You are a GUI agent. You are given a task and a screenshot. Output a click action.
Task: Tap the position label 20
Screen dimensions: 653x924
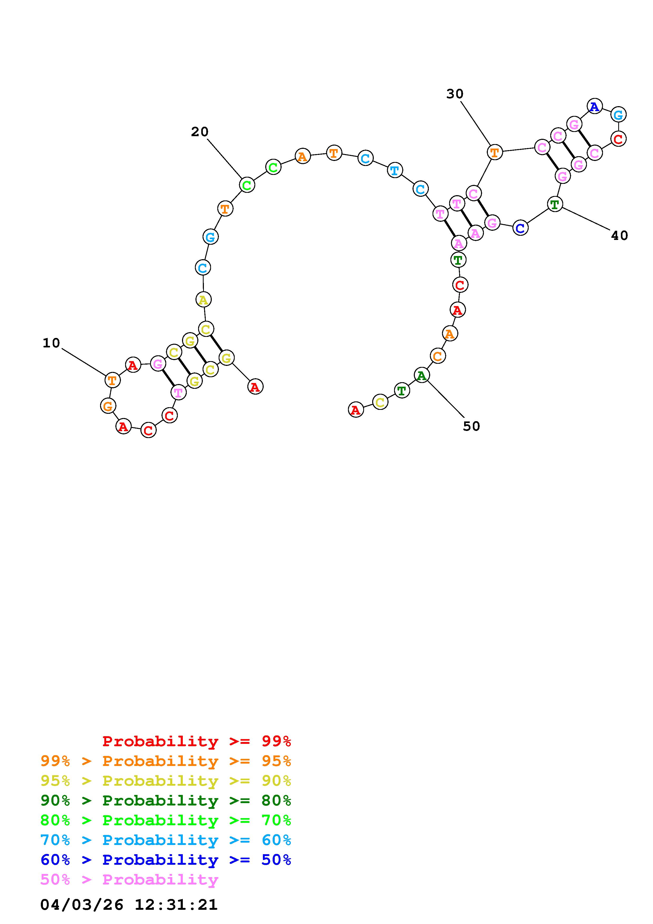[x=200, y=132]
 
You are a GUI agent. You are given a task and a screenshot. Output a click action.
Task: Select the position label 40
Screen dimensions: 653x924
[x=619, y=235]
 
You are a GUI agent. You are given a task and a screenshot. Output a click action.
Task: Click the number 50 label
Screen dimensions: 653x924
[x=471, y=426]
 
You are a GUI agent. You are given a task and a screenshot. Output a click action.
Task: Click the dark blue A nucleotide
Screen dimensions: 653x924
[x=595, y=107]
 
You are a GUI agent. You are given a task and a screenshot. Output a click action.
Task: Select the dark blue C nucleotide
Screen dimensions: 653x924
[x=520, y=228]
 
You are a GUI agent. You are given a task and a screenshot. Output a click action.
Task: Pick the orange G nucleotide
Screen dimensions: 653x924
[x=108, y=406]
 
